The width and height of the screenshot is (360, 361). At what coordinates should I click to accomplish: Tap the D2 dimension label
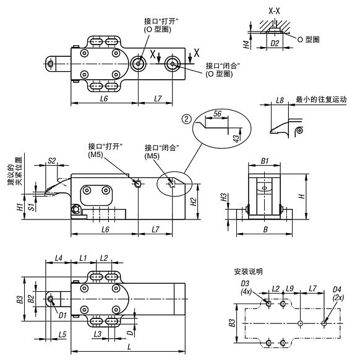[275, 45]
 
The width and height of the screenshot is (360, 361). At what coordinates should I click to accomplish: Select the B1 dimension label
[267, 160]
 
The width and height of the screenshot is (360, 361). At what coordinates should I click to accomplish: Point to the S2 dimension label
[52, 161]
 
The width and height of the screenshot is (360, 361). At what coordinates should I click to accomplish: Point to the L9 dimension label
[290, 288]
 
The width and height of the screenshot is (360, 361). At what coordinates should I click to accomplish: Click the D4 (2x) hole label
[337, 292]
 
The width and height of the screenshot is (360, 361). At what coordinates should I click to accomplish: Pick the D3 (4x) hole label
[245, 287]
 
